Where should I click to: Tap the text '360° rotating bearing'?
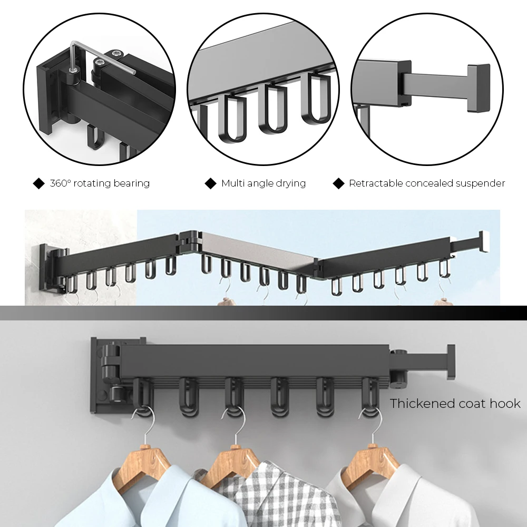click(x=100, y=183)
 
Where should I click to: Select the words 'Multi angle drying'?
click(x=263, y=183)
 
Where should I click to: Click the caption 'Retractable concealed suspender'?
click(x=427, y=183)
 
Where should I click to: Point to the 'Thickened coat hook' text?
click(x=455, y=404)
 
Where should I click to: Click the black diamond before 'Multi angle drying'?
click(x=211, y=183)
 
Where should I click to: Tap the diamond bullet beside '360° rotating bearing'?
click(x=39, y=183)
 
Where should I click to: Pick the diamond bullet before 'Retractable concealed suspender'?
click(x=338, y=183)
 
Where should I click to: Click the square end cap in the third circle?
click(x=477, y=88)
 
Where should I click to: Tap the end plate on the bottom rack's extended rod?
click(x=450, y=362)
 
